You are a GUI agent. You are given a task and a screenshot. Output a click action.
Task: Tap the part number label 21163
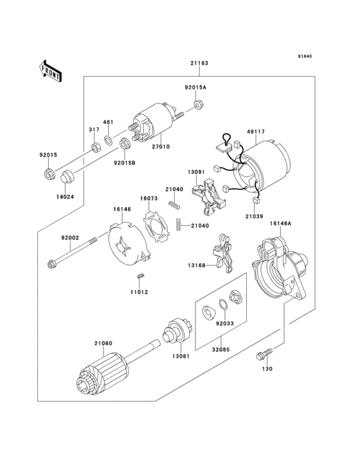(199, 64)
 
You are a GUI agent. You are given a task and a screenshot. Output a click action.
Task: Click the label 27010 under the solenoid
(161, 147)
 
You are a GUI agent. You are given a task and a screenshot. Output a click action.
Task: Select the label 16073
(149, 199)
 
